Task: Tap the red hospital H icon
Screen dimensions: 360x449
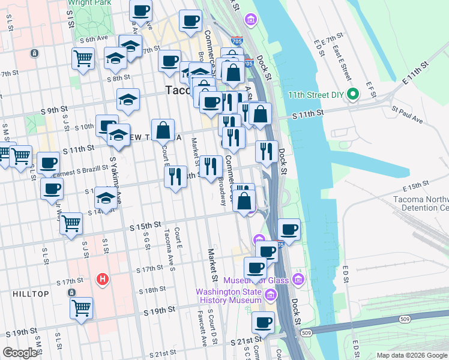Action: (x=103, y=279)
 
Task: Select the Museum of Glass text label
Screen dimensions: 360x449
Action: (x=256, y=280)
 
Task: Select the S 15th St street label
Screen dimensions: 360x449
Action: (x=146, y=225)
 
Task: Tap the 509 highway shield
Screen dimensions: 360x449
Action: (x=307, y=332)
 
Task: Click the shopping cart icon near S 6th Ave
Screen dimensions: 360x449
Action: (x=83, y=59)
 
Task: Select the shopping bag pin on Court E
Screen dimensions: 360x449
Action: (x=163, y=129)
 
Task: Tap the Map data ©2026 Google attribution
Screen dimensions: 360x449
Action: (x=411, y=355)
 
